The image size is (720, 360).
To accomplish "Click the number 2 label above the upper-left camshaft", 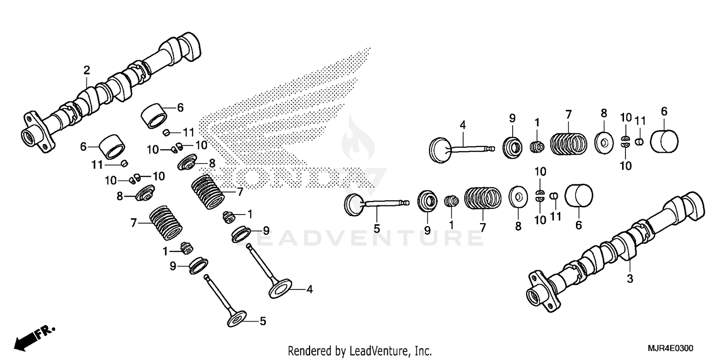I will point(86,70).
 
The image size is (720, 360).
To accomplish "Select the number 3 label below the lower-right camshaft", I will point(630,278).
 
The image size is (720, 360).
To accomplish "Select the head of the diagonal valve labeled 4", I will point(281,289).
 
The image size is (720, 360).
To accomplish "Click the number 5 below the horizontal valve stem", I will point(377,229).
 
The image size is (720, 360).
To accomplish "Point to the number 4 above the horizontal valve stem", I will point(463,126).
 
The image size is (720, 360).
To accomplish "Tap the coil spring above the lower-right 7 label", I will point(483,199).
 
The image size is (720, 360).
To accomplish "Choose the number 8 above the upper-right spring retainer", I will point(603,114).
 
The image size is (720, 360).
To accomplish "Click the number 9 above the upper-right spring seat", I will point(512,118).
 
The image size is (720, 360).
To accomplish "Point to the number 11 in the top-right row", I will point(640,120).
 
